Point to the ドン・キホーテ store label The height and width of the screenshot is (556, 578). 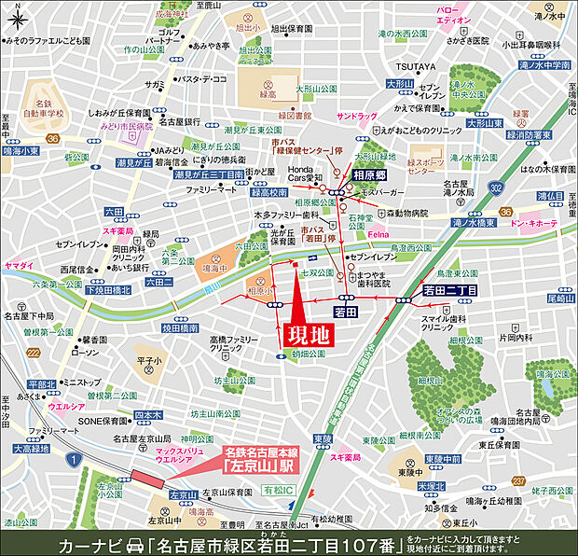[534, 225]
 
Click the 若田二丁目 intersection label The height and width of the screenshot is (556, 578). [450, 291]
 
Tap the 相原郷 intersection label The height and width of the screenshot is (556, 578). [370, 174]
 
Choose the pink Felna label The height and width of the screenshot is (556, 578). [378, 231]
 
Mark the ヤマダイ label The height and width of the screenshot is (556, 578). [18, 266]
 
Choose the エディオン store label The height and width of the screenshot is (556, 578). [454, 19]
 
